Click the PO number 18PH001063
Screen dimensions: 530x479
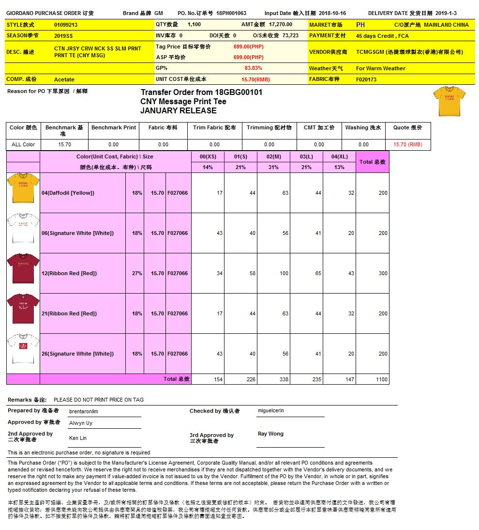(231, 13)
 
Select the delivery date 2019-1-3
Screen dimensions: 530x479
(446, 13)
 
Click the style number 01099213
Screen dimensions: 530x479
(66, 24)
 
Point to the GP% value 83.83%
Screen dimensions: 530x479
(253, 68)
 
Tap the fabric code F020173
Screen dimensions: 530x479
(366, 79)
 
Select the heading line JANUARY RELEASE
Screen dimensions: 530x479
(178, 110)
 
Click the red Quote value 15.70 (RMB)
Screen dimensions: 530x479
(407, 144)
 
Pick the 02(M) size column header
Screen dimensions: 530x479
(273, 157)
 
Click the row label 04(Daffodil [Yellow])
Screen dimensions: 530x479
(68, 193)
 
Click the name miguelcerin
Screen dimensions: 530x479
(271, 410)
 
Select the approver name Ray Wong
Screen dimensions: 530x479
(270, 434)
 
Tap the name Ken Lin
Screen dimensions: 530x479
(78, 438)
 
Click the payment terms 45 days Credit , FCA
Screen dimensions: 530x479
(382, 36)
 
